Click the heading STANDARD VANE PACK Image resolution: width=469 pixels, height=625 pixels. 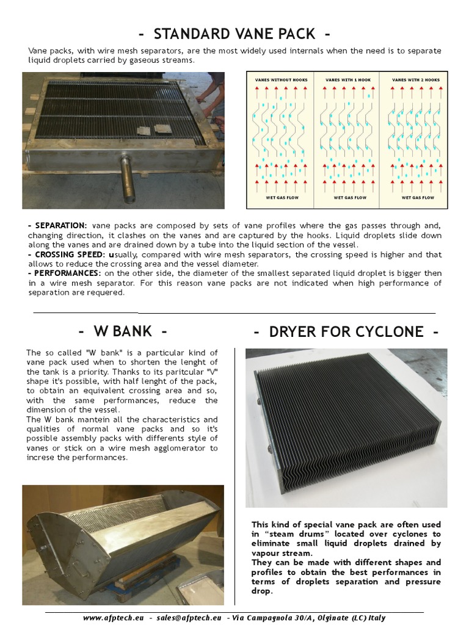tap(234, 33)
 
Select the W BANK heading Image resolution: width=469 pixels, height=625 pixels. tap(122, 331)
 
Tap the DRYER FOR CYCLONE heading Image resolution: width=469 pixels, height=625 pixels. tap(346, 331)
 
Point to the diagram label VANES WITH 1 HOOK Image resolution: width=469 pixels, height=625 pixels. tap(347, 80)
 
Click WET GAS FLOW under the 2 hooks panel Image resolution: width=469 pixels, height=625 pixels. tap(417, 198)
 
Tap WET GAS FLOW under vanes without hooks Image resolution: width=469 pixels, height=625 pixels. tap(280, 198)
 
